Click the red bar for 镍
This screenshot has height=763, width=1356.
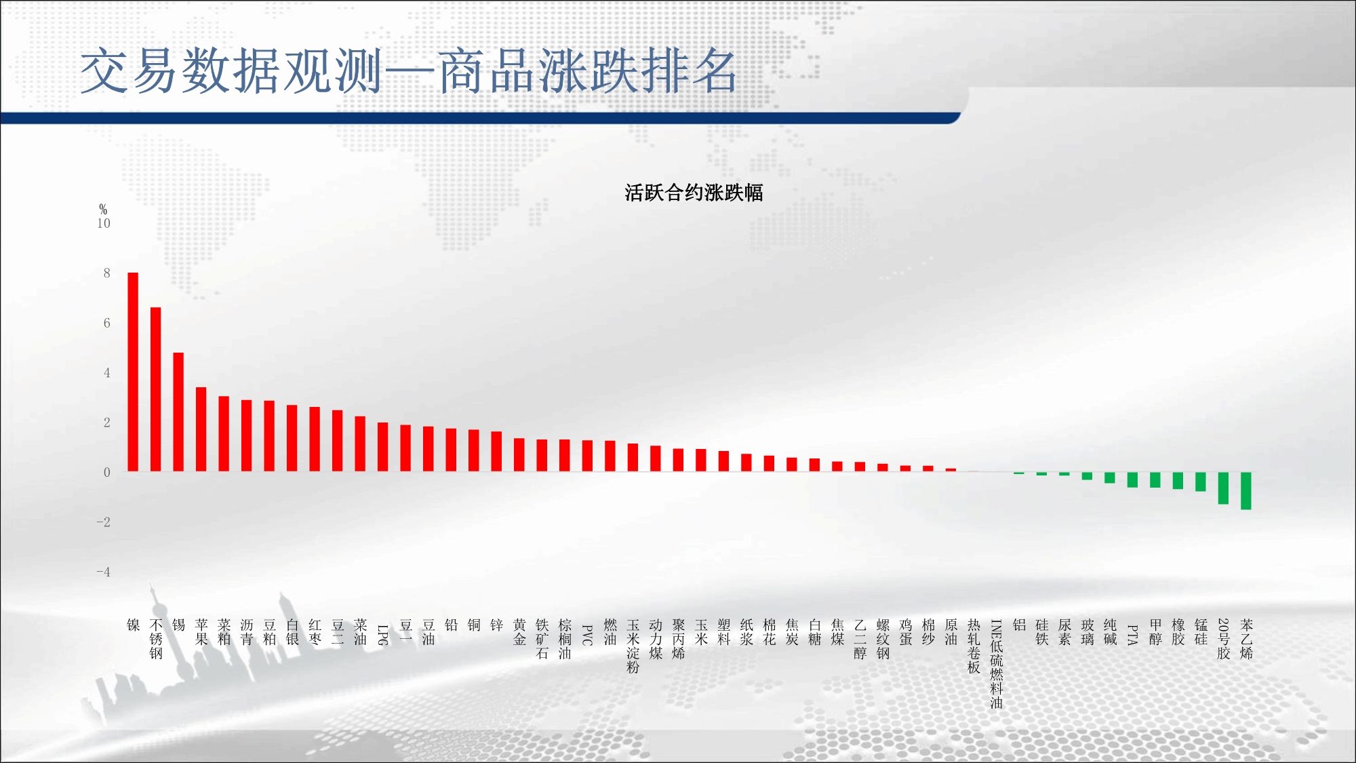133,372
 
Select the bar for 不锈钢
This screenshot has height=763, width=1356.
156,389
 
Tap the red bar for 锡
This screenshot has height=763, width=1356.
178,412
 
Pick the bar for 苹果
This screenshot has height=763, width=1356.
201,429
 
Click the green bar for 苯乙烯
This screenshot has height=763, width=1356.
1246,491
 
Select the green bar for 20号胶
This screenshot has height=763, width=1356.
1224,488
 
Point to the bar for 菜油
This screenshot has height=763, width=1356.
360,444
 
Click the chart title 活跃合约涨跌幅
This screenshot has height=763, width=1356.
694,193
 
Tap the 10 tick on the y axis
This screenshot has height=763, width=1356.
104,223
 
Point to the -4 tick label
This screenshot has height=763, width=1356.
103,572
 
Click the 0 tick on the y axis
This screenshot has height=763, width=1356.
107,472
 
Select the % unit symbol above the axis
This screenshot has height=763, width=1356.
103,209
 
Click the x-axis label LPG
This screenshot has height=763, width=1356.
383,635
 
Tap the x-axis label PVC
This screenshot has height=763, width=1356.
588,635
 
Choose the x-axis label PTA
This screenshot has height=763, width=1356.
1133,635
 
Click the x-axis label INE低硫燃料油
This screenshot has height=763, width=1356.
997,664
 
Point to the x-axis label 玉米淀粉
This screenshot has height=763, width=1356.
633,646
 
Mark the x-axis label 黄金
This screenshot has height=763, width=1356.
519,631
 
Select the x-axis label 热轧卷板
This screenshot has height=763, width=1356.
974,646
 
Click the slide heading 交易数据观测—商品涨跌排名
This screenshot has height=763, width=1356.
409,71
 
